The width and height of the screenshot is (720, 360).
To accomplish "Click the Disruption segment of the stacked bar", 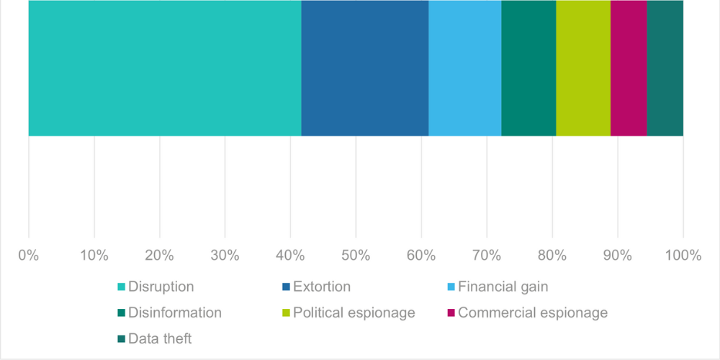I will [164, 68].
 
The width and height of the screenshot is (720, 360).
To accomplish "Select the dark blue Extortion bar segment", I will [364, 68].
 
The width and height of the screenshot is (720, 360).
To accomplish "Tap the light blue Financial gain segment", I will [464, 68].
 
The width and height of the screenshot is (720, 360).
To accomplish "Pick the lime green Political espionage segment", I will [582, 68].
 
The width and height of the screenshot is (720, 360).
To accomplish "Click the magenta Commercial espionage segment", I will [628, 68].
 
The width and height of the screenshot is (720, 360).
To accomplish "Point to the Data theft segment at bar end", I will [665, 68].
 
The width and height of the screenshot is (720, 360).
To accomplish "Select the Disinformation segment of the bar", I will [528, 68].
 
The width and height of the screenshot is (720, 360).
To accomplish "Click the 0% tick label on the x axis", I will [29, 256].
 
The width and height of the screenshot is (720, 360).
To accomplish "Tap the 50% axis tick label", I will [356, 256].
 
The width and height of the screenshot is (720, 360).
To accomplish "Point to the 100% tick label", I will [683, 256].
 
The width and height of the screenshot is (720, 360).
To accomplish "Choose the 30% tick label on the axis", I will [225, 256].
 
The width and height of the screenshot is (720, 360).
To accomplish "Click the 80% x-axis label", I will [552, 256].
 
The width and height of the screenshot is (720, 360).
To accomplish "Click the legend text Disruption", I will [161, 287].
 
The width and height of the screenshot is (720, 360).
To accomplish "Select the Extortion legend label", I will [322, 287].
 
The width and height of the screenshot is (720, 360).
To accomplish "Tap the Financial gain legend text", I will [503, 287].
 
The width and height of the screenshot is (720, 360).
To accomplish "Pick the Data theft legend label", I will [161, 338].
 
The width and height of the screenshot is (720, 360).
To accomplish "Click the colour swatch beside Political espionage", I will [286, 313].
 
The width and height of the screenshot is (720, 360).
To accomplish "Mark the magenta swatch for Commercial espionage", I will [451, 313].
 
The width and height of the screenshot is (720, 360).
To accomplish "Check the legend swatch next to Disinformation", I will [122, 313].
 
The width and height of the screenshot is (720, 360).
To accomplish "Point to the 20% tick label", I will [159, 256].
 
